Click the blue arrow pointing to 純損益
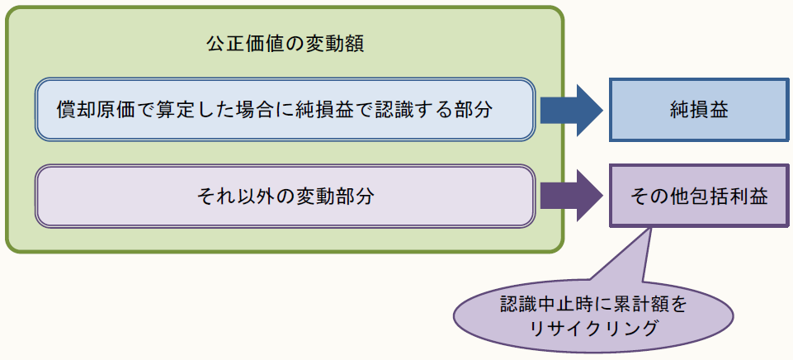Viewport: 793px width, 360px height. pyautogui.click(x=572, y=109)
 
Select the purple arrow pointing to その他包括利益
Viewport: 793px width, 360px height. pyautogui.click(x=572, y=197)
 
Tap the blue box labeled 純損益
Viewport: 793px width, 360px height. pyautogui.click(x=698, y=109)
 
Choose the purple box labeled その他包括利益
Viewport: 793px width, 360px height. pyautogui.click(x=698, y=197)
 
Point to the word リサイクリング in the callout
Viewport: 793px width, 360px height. pyautogui.click(x=593, y=328)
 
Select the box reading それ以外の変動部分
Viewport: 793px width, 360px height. pyautogui.click(x=285, y=197)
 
